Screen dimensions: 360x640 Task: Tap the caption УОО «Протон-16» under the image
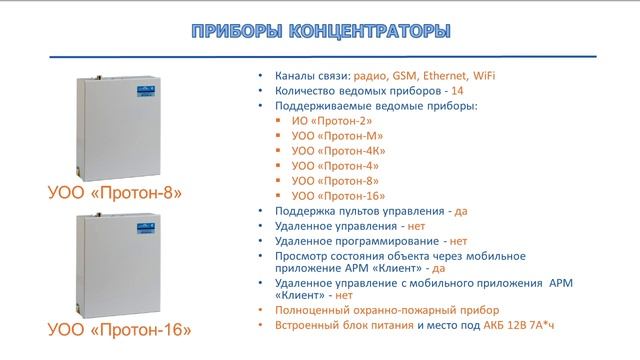tap(119, 329)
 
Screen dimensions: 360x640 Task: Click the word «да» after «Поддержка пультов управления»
tap(460, 211)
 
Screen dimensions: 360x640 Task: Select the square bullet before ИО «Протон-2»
tap(279, 120)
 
